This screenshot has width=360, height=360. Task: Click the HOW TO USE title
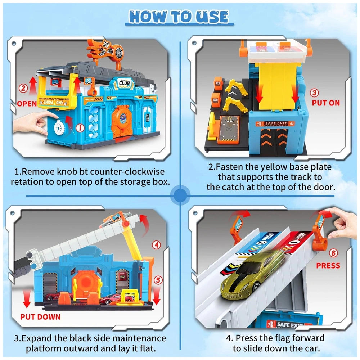pos(179,17)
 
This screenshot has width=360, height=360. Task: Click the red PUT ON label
pos(325,103)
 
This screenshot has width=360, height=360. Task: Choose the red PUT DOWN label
pos(40,317)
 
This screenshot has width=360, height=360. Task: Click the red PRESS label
pos(328,265)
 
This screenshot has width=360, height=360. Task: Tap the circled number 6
pos(334,253)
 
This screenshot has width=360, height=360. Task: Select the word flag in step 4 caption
pos(288,338)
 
